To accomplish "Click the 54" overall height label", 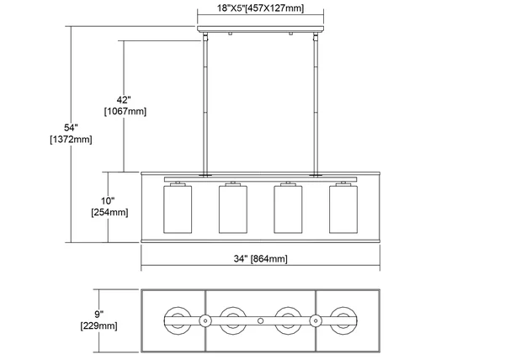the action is pos(71,128).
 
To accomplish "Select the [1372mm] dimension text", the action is pos(71,140).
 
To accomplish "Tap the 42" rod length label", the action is pos(124,100).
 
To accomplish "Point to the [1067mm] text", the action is pos(125,111).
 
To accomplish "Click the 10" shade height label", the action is pos(108,201).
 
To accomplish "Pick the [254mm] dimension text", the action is pos(109,212).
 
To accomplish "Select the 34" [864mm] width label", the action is pos(261,259).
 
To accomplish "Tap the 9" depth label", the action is pos(98,315).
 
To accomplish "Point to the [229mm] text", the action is pos(98,326).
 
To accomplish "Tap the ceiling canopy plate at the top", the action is pos(261,29).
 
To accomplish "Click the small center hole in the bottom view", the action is pos(261,320).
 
